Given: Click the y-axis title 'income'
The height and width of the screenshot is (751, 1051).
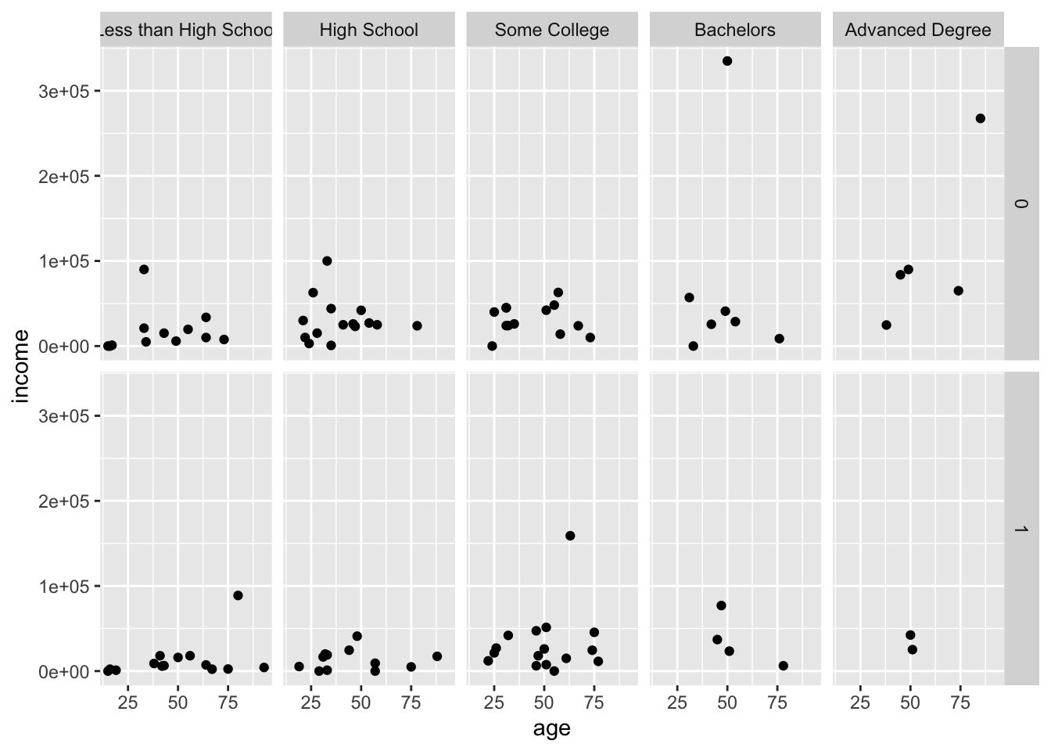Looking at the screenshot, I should point(21,366).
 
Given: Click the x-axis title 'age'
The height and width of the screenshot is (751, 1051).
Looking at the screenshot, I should point(551,729).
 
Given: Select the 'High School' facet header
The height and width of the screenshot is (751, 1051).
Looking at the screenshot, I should point(368,31).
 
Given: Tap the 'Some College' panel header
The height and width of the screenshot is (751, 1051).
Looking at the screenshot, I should point(551,31).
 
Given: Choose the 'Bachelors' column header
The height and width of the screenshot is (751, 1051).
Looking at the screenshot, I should point(734,31).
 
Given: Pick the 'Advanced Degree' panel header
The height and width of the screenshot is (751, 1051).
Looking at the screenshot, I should point(917,31).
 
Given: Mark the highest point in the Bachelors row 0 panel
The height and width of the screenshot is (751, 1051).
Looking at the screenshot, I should point(727,61).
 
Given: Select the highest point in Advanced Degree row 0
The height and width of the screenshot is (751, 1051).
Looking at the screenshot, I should point(981,118).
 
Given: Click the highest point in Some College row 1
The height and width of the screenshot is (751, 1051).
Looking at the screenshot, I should point(570,536).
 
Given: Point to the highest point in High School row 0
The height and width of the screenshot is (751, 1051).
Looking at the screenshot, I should point(327,261).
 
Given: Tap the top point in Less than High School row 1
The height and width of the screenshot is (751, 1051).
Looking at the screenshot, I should point(238,595).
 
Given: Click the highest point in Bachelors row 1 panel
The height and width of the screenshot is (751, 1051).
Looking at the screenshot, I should point(721,605).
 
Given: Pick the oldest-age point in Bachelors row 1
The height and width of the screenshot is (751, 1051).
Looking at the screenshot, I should point(784,666).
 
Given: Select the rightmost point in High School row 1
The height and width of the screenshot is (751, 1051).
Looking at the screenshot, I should point(437,656).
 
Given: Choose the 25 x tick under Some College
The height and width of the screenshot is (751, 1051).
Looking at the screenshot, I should point(494,702).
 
